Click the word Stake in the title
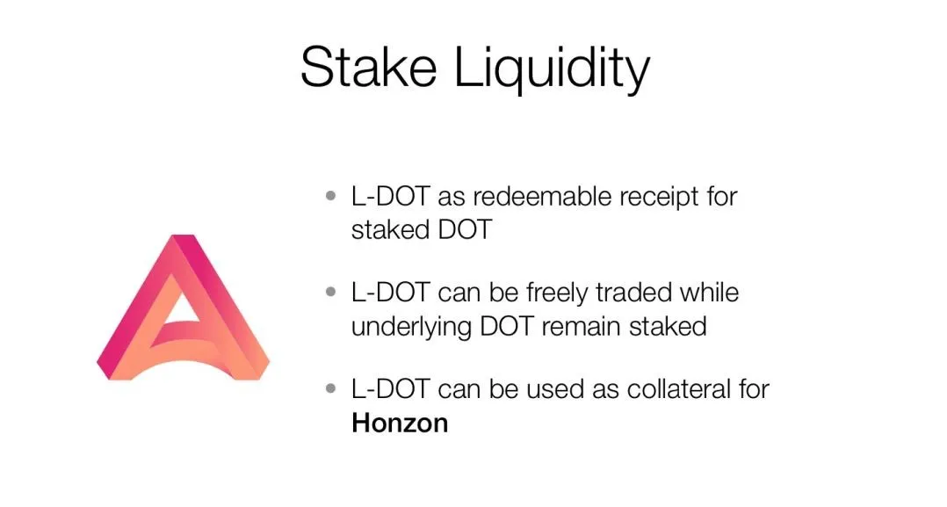[368, 67]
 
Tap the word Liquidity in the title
[552, 69]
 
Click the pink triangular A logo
[183, 307]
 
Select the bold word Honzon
[400, 423]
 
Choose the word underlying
[411, 328]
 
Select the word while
[709, 293]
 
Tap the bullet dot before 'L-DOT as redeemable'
[330, 196]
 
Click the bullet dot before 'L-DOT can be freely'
[330, 293]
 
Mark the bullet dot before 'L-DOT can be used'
[330, 388]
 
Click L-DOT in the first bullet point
[390, 197]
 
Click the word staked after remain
[668, 327]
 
